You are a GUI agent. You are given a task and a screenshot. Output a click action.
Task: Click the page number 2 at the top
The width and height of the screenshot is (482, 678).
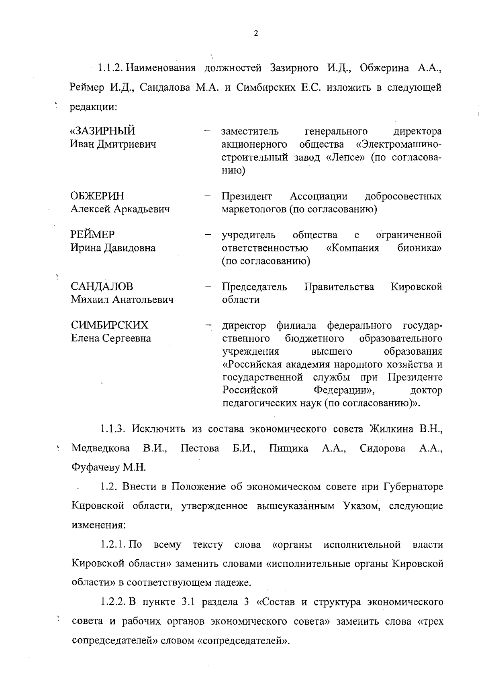click(x=256, y=34)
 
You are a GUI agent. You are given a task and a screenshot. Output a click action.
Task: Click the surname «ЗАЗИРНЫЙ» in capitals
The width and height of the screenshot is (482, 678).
click(x=103, y=131)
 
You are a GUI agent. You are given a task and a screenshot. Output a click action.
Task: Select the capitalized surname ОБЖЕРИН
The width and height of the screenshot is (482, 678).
click(x=98, y=196)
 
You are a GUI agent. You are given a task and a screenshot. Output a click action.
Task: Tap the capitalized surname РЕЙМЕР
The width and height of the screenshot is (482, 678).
click(x=93, y=235)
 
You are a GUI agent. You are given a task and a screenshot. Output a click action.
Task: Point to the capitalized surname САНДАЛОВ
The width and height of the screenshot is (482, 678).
click(x=102, y=287)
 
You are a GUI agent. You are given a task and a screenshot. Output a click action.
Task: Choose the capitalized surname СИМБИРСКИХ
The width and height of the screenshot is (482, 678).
click(x=109, y=325)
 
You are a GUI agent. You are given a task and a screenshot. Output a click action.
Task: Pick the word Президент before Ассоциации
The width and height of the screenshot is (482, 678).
click(x=247, y=196)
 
